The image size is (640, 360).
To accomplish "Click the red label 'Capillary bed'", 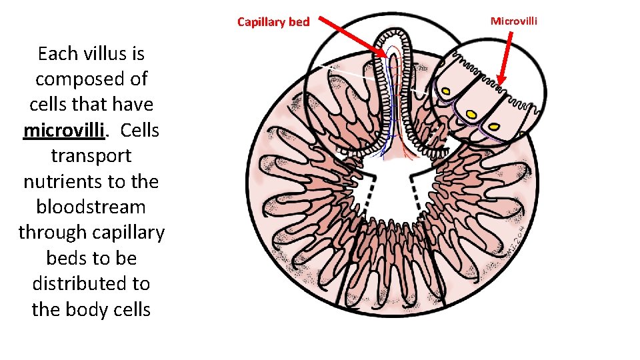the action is [x=273, y=22].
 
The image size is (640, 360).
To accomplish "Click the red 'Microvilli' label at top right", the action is [x=513, y=21].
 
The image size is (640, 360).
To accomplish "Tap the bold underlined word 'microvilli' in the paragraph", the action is [x=64, y=130].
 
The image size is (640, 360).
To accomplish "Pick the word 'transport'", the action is [x=91, y=155].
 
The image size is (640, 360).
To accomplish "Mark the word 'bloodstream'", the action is [x=91, y=207].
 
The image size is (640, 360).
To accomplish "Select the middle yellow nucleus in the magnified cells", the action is [x=472, y=116].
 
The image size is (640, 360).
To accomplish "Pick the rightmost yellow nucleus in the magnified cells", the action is [x=495, y=126].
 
